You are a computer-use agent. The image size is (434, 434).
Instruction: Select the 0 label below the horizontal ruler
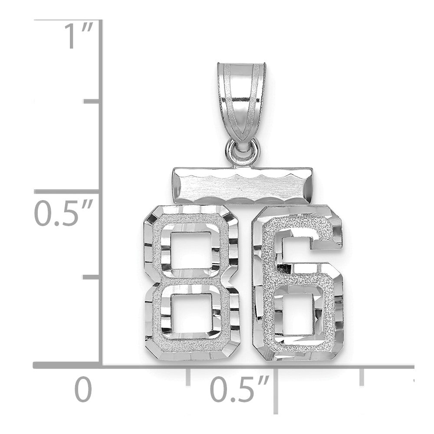click(x=83, y=390)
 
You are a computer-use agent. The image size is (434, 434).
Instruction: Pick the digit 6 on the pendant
click(x=298, y=283)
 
